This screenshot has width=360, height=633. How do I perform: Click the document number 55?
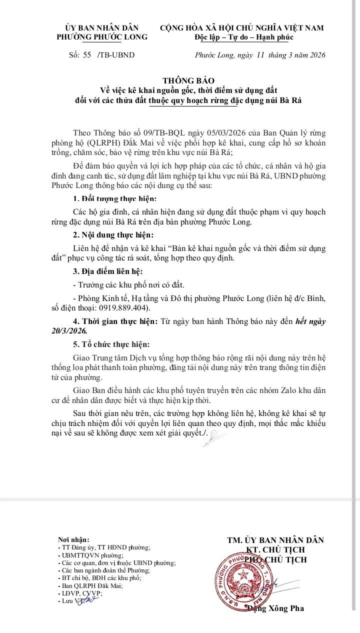[87, 55]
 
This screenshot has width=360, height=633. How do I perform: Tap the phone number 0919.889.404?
[127, 308]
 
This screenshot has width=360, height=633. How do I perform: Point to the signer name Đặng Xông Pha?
[275, 608]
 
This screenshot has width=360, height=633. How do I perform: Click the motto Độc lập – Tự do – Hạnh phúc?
[244, 37]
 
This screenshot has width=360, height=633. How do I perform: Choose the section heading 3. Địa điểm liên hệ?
[107, 271]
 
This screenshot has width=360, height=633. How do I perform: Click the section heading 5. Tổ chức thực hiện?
[111, 344]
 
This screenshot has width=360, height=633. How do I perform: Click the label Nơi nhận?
[73, 539]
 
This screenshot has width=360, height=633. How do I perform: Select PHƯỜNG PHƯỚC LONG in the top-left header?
[101, 37]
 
